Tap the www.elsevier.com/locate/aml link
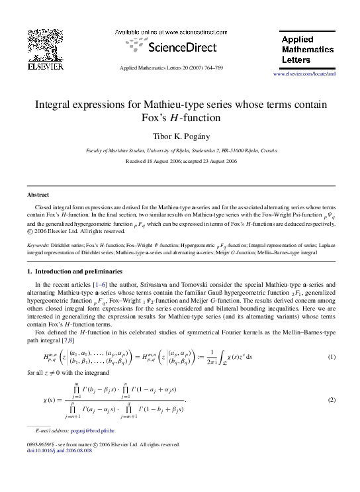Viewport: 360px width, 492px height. (x=304, y=74)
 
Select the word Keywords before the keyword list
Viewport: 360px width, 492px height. (x=38, y=245)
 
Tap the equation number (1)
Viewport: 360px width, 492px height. (x=332, y=358)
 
